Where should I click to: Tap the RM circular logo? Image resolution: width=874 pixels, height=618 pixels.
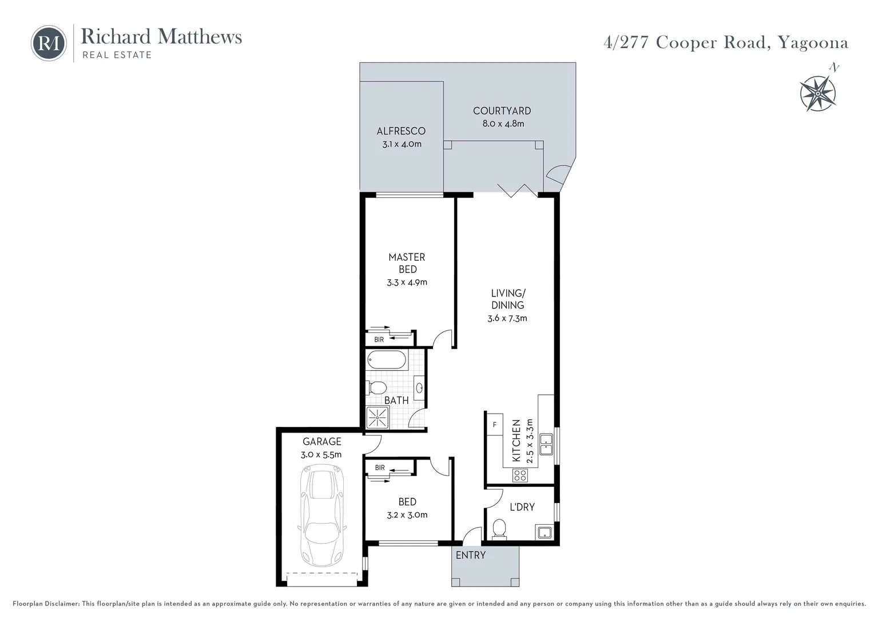tap(49, 43)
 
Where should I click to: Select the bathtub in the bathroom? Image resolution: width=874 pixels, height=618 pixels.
tap(387, 360)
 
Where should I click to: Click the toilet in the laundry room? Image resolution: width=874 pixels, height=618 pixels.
tap(499, 528)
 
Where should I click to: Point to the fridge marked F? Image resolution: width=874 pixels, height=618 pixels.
tap(494, 425)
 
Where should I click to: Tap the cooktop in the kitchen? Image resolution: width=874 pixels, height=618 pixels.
tap(520, 474)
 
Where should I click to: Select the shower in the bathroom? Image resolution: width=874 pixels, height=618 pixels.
tap(378, 418)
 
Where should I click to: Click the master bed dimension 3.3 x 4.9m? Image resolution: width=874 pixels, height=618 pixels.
tap(407, 282)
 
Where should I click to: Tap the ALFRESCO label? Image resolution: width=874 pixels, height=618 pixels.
tap(401, 131)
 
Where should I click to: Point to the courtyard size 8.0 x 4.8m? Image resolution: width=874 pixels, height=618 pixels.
tap(503, 124)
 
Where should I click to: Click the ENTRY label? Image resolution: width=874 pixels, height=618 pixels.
tap(470, 555)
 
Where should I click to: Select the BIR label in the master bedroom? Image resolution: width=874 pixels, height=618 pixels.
tap(379, 340)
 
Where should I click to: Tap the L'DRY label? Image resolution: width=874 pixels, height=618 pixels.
tap(522, 507)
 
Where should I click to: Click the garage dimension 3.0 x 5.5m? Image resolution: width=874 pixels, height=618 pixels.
tap(321, 455)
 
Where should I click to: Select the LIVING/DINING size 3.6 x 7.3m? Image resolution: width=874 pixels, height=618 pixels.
tap(507, 318)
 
